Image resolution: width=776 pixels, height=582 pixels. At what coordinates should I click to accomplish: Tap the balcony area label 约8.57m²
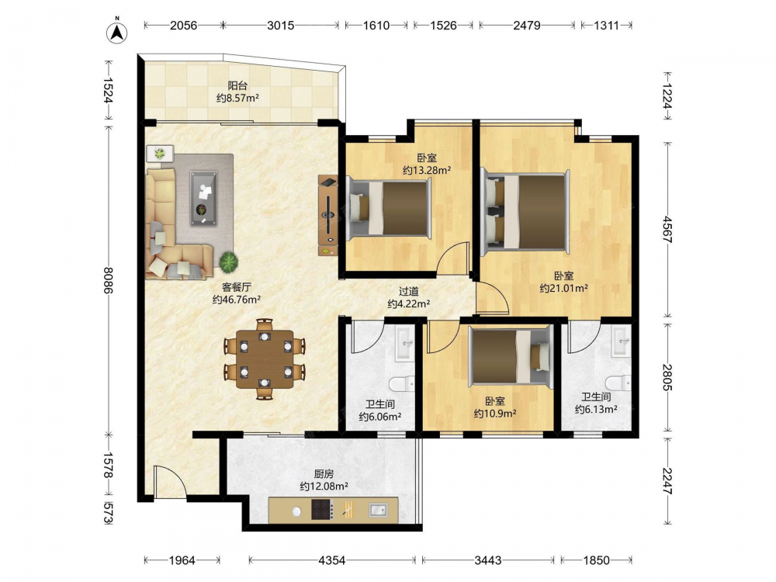coord(237,98)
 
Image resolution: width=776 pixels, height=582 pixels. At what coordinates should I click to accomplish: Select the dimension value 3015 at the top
coord(281,26)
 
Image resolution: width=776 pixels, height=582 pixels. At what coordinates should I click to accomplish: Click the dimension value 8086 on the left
coord(108,280)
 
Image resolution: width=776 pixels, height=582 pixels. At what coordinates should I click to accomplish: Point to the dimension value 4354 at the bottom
coord(331,560)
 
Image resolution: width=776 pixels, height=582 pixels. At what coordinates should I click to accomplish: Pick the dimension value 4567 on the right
coord(667,229)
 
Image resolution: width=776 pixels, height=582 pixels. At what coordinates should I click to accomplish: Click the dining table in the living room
coord(265,359)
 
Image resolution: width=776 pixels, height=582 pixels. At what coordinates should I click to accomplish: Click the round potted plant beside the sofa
coord(229,262)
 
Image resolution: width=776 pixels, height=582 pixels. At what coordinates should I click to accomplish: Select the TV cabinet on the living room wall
coord(327,215)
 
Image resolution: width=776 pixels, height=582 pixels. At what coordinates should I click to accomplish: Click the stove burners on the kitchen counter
coord(322,509)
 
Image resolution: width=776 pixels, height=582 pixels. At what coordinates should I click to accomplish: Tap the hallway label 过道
coord(409,292)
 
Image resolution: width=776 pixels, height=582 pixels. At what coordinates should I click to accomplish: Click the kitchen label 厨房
coord(324,474)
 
